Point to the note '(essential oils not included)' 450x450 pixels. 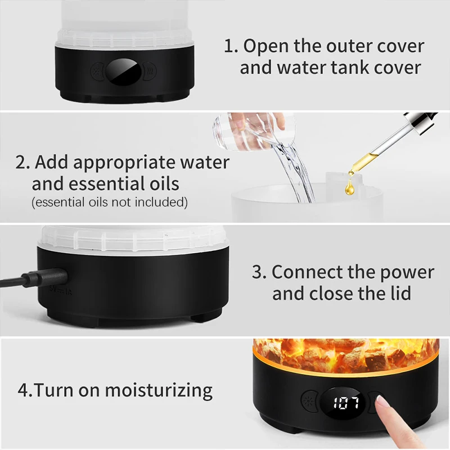[110, 202]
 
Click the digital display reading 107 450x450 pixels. [346, 403]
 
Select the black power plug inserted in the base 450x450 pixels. [45, 277]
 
